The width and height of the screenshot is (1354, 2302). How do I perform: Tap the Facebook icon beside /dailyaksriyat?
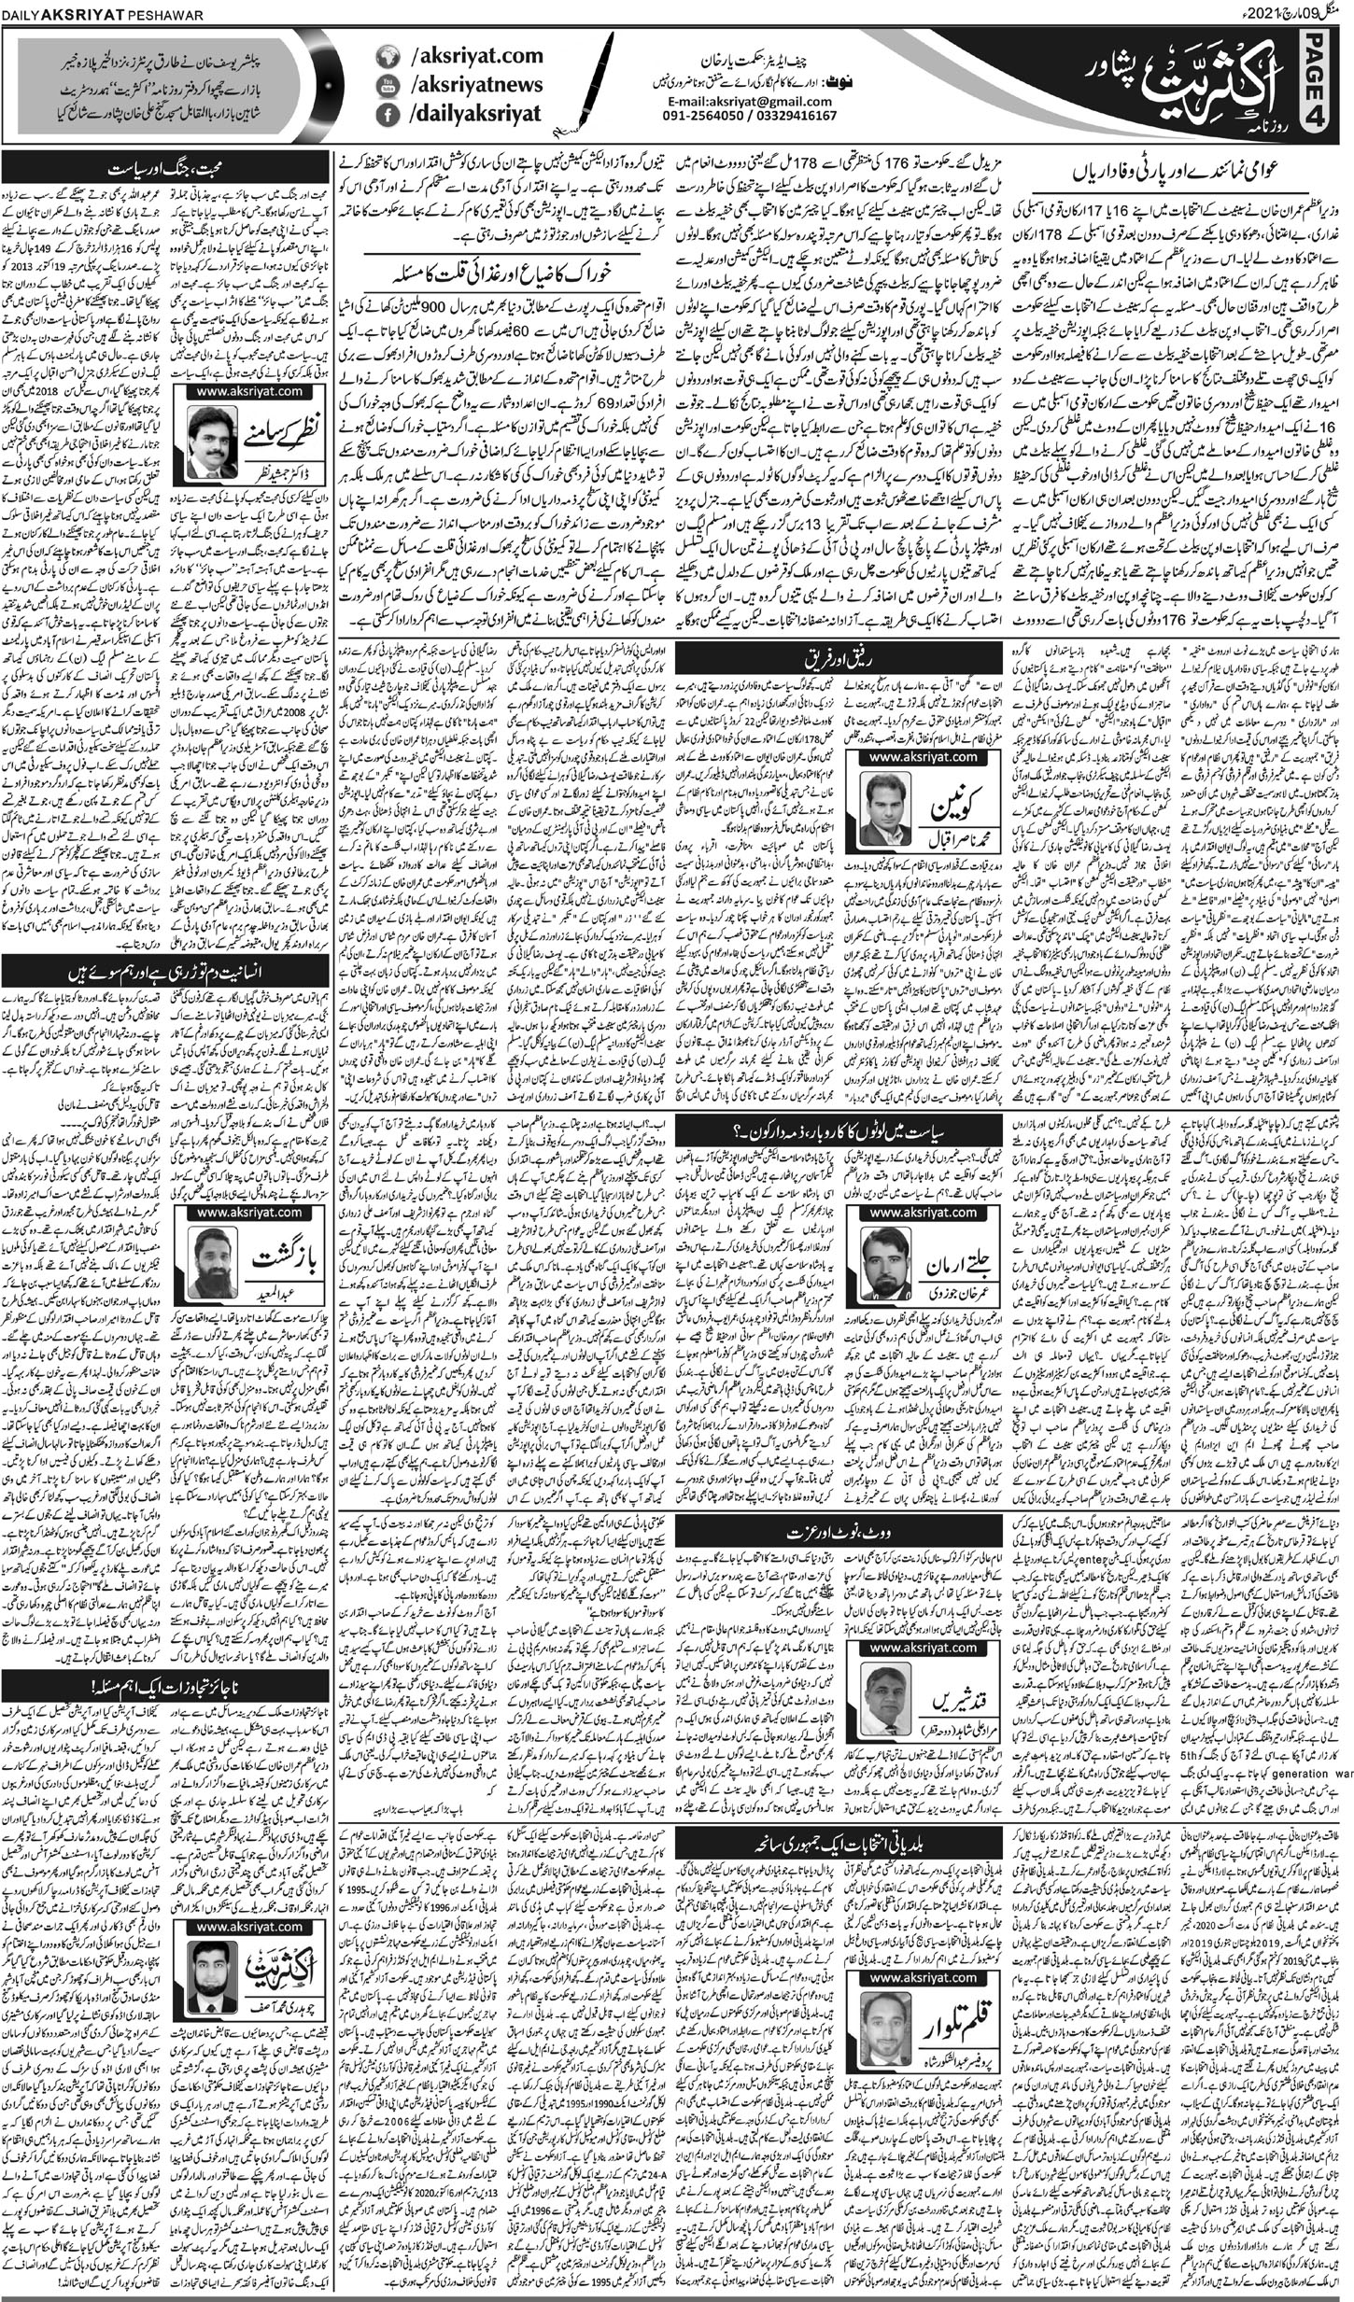pyautogui.click(x=386, y=116)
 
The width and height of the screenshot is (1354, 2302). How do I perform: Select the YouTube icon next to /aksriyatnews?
pyautogui.click(x=386, y=86)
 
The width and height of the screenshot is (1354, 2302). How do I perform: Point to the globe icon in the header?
pyautogui.click(x=386, y=57)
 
